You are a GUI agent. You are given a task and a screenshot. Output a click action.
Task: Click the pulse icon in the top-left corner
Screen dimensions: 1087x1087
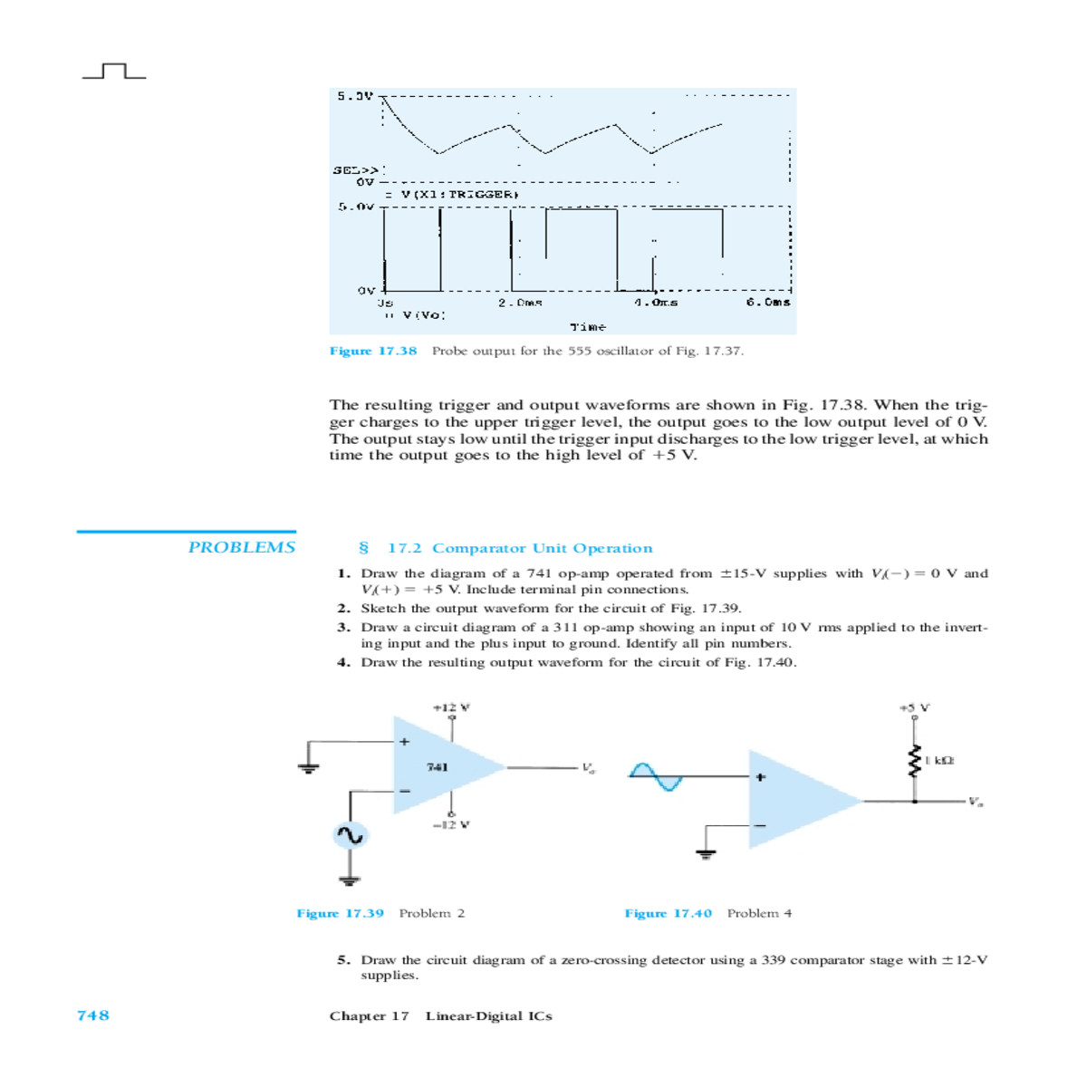(114, 72)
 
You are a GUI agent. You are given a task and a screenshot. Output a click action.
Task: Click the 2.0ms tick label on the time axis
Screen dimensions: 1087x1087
(520, 303)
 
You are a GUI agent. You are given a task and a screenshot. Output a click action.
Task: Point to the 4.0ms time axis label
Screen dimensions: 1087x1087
(656, 303)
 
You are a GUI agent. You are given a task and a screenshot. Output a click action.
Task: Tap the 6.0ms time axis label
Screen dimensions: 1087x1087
(768, 303)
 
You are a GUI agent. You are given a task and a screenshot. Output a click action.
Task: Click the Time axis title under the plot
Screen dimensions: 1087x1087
(588, 326)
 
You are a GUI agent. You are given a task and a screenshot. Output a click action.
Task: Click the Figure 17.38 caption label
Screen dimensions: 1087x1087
(373, 351)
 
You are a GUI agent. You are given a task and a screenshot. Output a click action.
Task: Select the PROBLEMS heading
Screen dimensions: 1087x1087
(241, 547)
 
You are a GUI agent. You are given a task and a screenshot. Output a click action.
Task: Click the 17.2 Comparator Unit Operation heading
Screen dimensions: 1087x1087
(519, 548)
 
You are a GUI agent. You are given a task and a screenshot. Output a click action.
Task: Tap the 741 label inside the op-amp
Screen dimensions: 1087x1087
(437, 767)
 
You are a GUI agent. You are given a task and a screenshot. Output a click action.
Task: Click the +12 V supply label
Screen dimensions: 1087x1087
(451, 707)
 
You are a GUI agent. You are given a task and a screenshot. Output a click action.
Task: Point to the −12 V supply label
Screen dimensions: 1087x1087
(450, 825)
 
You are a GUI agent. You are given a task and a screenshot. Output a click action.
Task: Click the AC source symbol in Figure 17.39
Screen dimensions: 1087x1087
(350, 835)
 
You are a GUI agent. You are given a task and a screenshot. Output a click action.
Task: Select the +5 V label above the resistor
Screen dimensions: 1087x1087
(914, 707)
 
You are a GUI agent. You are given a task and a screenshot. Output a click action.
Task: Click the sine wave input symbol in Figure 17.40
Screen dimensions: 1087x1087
(655, 776)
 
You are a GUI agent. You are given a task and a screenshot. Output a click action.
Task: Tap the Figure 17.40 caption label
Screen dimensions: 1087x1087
(668, 913)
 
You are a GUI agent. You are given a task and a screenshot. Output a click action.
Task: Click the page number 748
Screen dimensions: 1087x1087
(93, 1015)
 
